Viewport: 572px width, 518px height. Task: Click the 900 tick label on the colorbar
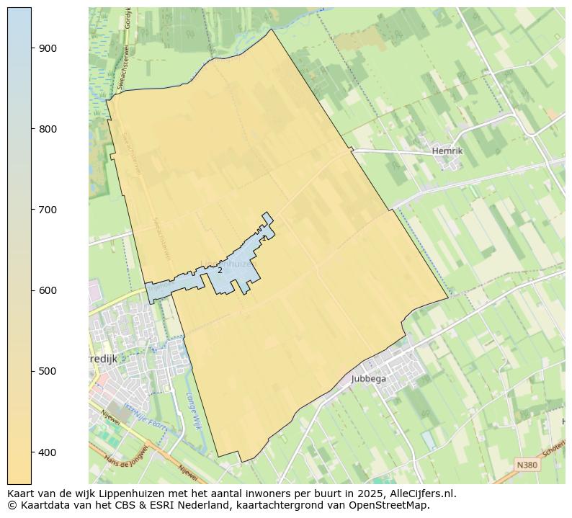[x=48, y=48]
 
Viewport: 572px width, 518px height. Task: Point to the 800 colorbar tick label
[x=48, y=129]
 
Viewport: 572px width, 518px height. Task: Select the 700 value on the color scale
[x=48, y=210]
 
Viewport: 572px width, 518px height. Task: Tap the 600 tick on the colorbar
[x=48, y=290]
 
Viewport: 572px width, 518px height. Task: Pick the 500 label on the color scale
[x=48, y=371]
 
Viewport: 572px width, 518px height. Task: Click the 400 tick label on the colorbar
[x=48, y=452]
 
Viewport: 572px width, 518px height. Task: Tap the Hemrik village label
[x=447, y=151]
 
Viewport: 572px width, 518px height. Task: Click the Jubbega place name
[x=369, y=379]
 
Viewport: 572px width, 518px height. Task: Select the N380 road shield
[x=527, y=465]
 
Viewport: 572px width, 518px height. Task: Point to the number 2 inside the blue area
[x=220, y=271]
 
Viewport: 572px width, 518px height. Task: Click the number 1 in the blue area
[x=264, y=238]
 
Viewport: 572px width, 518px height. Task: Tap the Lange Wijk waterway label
[x=192, y=411]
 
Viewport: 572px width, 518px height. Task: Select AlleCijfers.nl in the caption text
[x=421, y=494]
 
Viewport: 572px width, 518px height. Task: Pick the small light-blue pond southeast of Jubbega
[x=429, y=439]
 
